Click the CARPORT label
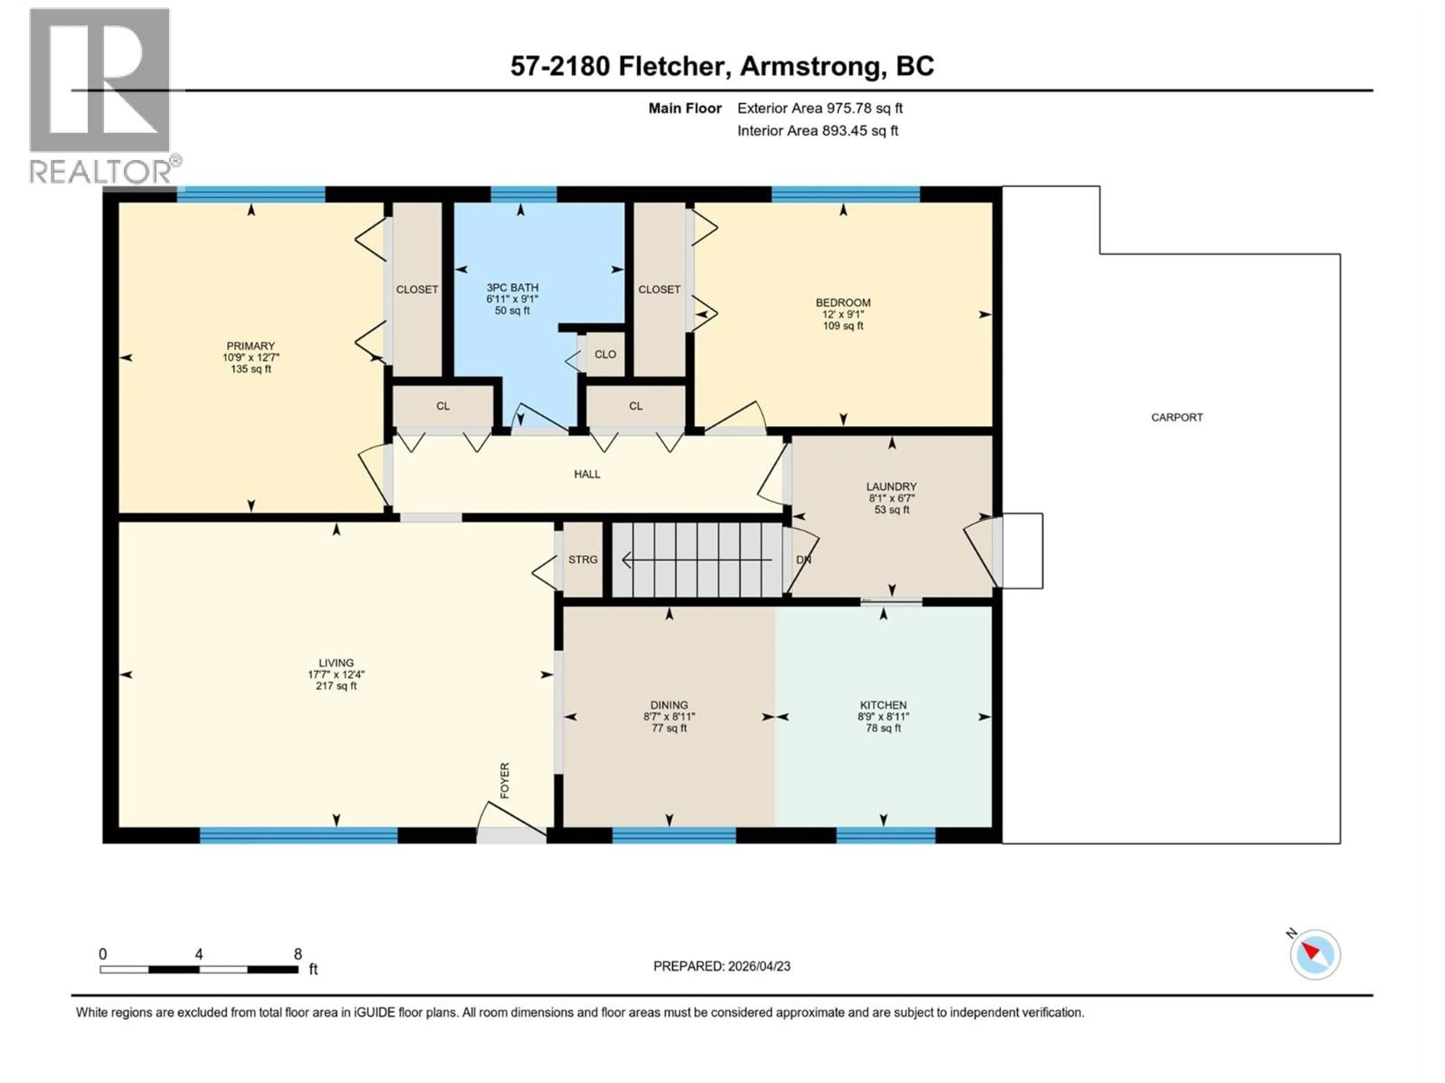(1177, 417)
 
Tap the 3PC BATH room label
(512, 287)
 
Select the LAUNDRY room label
(891, 486)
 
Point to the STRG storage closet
(583, 560)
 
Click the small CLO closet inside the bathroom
(605, 355)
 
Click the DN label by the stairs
(803, 560)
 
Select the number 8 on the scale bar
(298, 954)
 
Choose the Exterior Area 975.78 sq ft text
(820, 108)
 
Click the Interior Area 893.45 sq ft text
(817, 130)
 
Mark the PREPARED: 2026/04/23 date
(722, 966)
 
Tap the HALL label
(587, 474)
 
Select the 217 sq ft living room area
(336, 686)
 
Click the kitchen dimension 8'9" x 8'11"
(883, 716)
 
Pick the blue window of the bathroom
(523, 194)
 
